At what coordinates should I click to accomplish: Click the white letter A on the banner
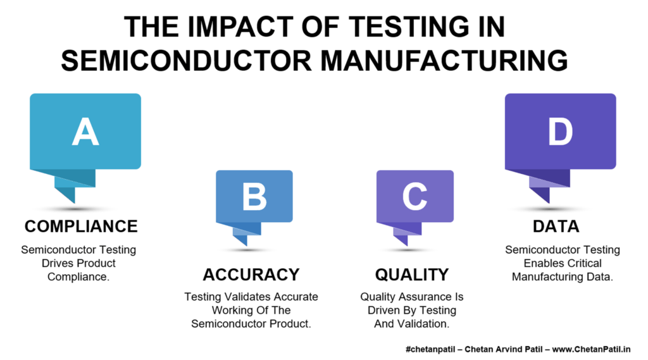(x=85, y=132)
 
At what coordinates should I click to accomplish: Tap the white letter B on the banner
(x=254, y=196)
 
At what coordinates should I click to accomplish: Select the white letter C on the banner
(x=414, y=196)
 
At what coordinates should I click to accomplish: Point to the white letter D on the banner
(x=561, y=132)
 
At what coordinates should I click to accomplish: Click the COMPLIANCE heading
(x=81, y=226)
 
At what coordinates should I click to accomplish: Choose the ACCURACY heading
(x=251, y=275)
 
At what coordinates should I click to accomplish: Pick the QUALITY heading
(x=411, y=275)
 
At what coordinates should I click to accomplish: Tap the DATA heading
(x=556, y=226)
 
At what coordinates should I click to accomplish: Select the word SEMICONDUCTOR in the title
(x=186, y=61)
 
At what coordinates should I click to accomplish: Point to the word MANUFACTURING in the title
(x=444, y=61)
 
